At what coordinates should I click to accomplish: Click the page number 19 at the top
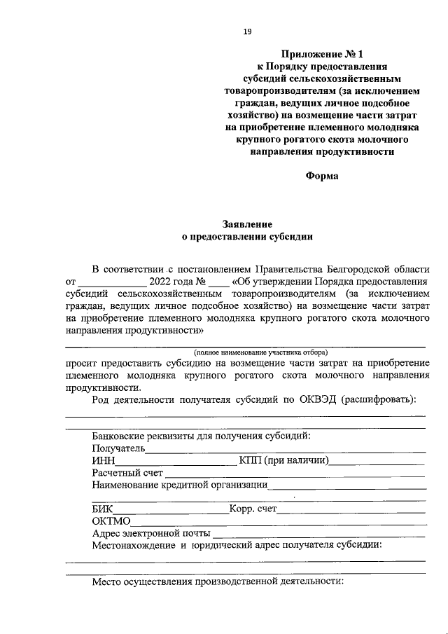[x=246, y=31]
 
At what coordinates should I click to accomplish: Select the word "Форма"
[x=322, y=176]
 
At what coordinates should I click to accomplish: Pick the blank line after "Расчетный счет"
[x=294, y=475]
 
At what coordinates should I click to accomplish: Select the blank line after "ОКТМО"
[x=278, y=524]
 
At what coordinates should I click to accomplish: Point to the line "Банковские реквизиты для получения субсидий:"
[x=201, y=436]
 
